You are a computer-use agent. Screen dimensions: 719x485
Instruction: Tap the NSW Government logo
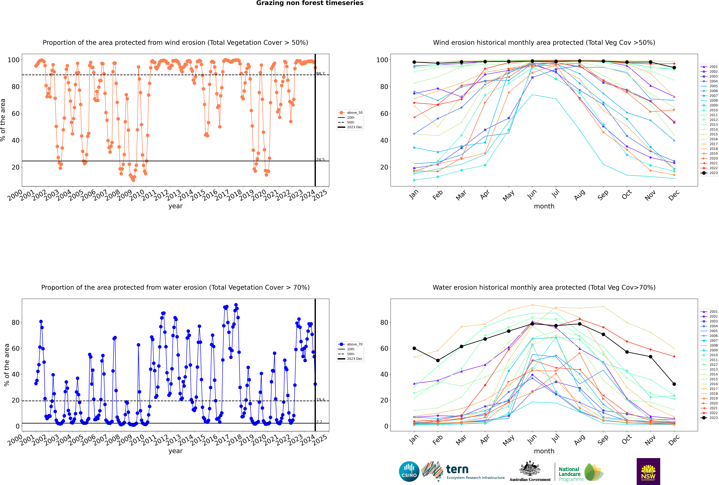648,471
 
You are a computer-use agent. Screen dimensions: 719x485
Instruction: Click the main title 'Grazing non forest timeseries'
310,3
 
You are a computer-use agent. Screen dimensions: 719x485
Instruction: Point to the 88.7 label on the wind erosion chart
320,74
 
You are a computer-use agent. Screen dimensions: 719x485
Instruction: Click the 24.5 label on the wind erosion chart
320,160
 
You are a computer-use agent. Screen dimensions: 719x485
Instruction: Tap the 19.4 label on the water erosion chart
320,400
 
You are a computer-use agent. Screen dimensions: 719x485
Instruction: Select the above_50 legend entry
350,113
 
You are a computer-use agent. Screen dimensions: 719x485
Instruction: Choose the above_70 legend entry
350,344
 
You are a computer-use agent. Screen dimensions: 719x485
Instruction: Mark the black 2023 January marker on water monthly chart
414,348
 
